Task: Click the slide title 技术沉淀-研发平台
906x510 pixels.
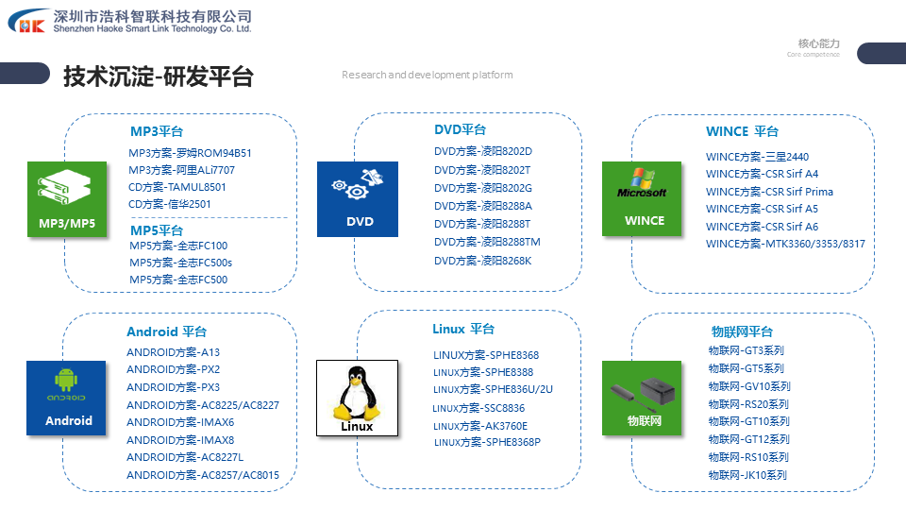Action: (x=158, y=76)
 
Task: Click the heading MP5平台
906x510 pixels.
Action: (x=157, y=230)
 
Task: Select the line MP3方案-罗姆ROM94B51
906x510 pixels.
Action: (x=190, y=153)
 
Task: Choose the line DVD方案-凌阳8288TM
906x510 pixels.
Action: (x=487, y=243)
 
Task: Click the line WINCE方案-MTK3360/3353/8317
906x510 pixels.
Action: (x=785, y=244)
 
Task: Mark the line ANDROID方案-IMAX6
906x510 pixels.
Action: (x=180, y=422)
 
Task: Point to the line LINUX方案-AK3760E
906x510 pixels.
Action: (x=480, y=426)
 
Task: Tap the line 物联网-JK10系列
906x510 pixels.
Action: (x=747, y=475)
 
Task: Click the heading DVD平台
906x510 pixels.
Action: (x=460, y=129)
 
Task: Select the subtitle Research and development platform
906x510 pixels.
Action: (x=427, y=75)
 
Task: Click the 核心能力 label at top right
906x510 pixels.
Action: (x=818, y=43)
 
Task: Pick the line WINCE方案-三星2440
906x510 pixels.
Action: (x=757, y=157)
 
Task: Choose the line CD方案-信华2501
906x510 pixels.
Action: (x=170, y=204)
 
